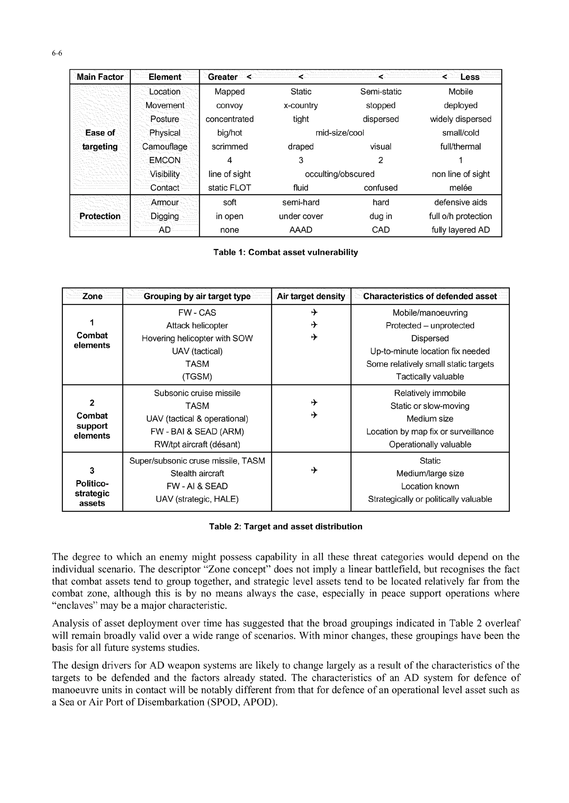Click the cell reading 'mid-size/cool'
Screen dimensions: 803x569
click(x=340, y=133)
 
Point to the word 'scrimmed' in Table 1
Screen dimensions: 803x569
click(x=229, y=147)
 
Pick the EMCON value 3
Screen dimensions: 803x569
click(x=301, y=160)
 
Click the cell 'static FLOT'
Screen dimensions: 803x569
click(x=229, y=188)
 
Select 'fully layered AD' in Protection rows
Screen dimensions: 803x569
click(x=460, y=230)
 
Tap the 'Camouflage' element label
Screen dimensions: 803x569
click(x=165, y=147)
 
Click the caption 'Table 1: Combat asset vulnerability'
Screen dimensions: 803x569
click(x=286, y=252)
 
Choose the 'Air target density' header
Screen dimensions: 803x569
click(x=311, y=296)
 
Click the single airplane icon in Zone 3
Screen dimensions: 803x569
click(x=314, y=470)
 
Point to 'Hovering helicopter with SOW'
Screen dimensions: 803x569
click(x=197, y=338)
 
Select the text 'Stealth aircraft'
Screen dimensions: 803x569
click(x=197, y=474)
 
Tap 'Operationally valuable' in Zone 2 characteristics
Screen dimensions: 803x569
click(x=430, y=445)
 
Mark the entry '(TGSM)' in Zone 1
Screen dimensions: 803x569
click(x=197, y=377)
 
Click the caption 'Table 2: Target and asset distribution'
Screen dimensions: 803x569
click(x=286, y=527)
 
